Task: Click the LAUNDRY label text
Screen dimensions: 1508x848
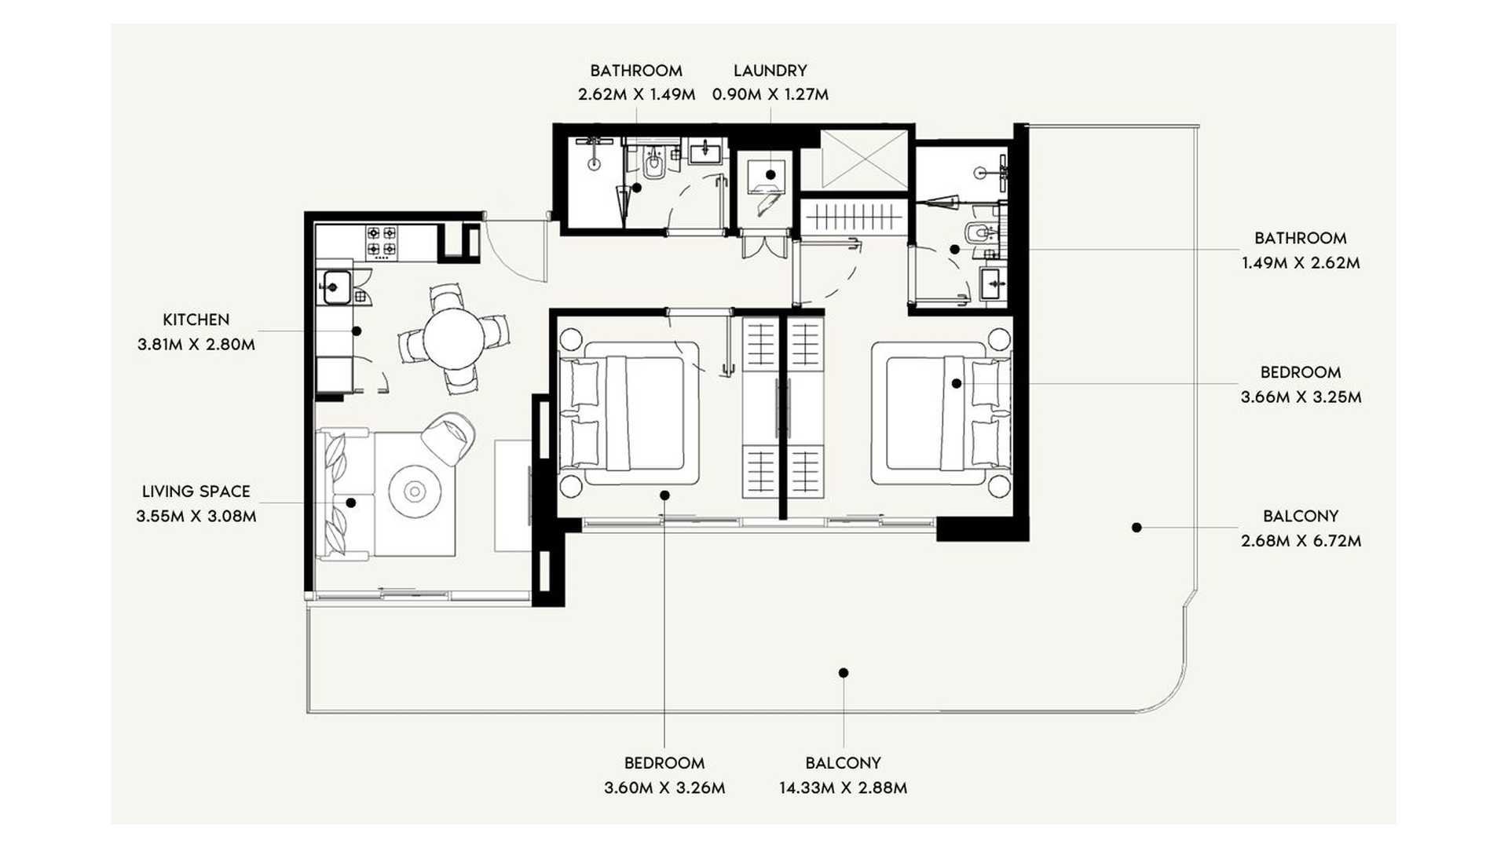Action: pyautogui.click(x=770, y=71)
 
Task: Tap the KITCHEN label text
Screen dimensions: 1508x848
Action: pyautogui.click(x=196, y=320)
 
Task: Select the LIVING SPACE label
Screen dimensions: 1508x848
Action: pyautogui.click(x=196, y=492)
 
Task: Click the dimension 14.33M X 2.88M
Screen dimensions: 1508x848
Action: pyautogui.click(x=843, y=788)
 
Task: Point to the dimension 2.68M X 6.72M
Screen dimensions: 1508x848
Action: pyautogui.click(x=1301, y=541)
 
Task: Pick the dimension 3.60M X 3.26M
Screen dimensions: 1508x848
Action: pyautogui.click(x=664, y=788)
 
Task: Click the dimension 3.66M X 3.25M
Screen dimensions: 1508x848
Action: pyautogui.click(x=1301, y=397)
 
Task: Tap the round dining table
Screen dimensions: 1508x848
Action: pyautogui.click(x=454, y=338)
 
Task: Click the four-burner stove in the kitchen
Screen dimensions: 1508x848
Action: pyautogui.click(x=382, y=242)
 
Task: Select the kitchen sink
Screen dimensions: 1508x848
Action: pyautogui.click(x=336, y=287)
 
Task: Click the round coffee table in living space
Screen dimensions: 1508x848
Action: pyautogui.click(x=415, y=492)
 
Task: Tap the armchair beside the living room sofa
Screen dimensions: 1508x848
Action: pyautogui.click(x=448, y=437)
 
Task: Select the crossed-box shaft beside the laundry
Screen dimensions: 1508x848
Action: pyautogui.click(x=864, y=160)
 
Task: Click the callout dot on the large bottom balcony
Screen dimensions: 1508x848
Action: pyautogui.click(x=844, y=673)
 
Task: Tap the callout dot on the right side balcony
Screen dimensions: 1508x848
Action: pyautogui.click(x=1136, y=528)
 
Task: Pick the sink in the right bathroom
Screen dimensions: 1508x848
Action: pyautogui.click(x=993, y=283)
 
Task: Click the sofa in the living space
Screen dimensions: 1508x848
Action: pyautogui.click(x=344, y=494)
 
